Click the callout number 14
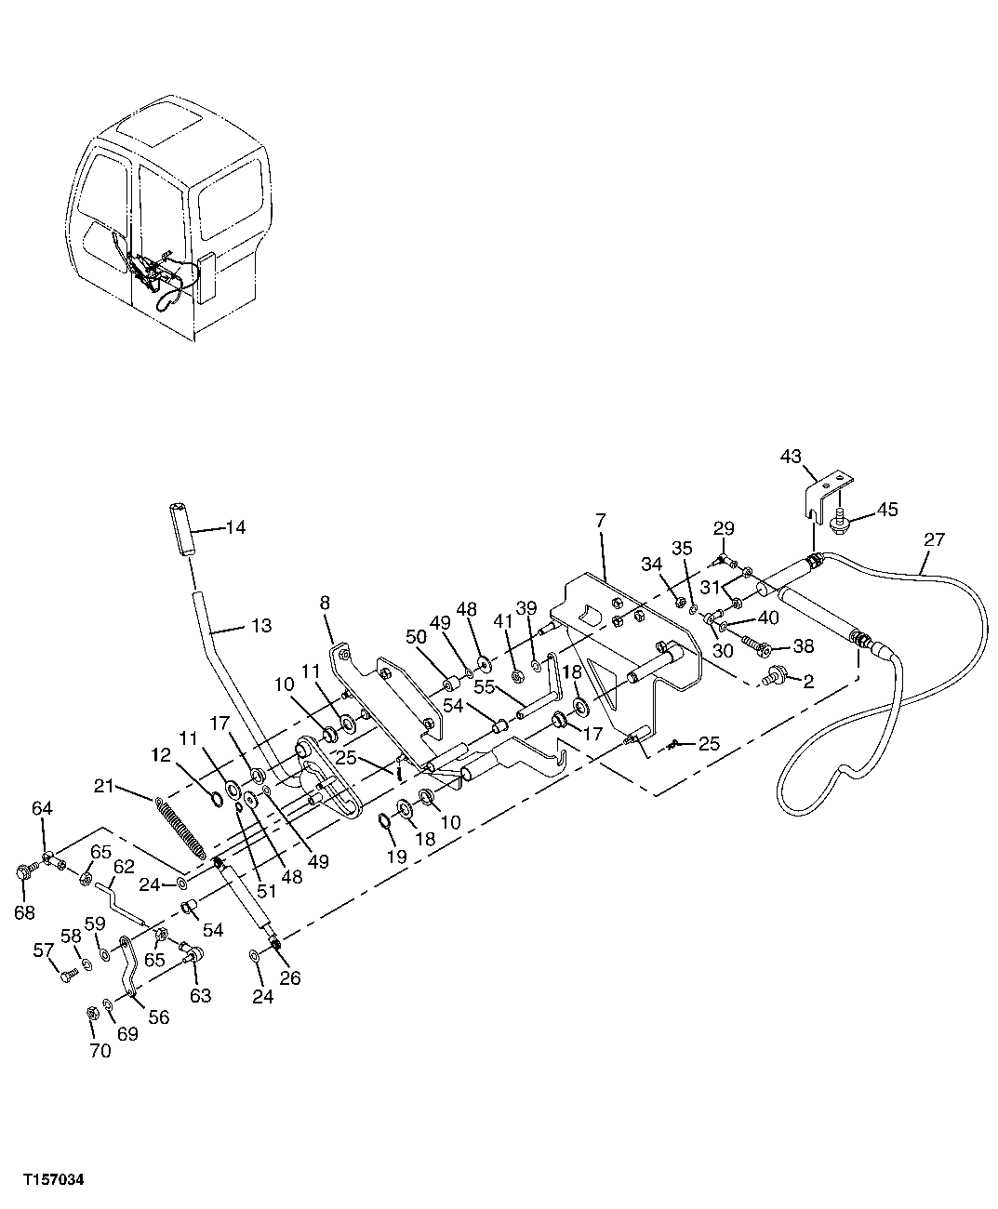pos(235,528)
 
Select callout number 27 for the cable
pos(934,538)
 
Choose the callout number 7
pos(601,521)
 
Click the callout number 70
pos(100,1052)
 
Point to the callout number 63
pos(200,996)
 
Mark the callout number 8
pos(325,603)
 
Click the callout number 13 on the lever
pos(261,626)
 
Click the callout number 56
pos(159,1018)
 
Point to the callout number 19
pos(396,857)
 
